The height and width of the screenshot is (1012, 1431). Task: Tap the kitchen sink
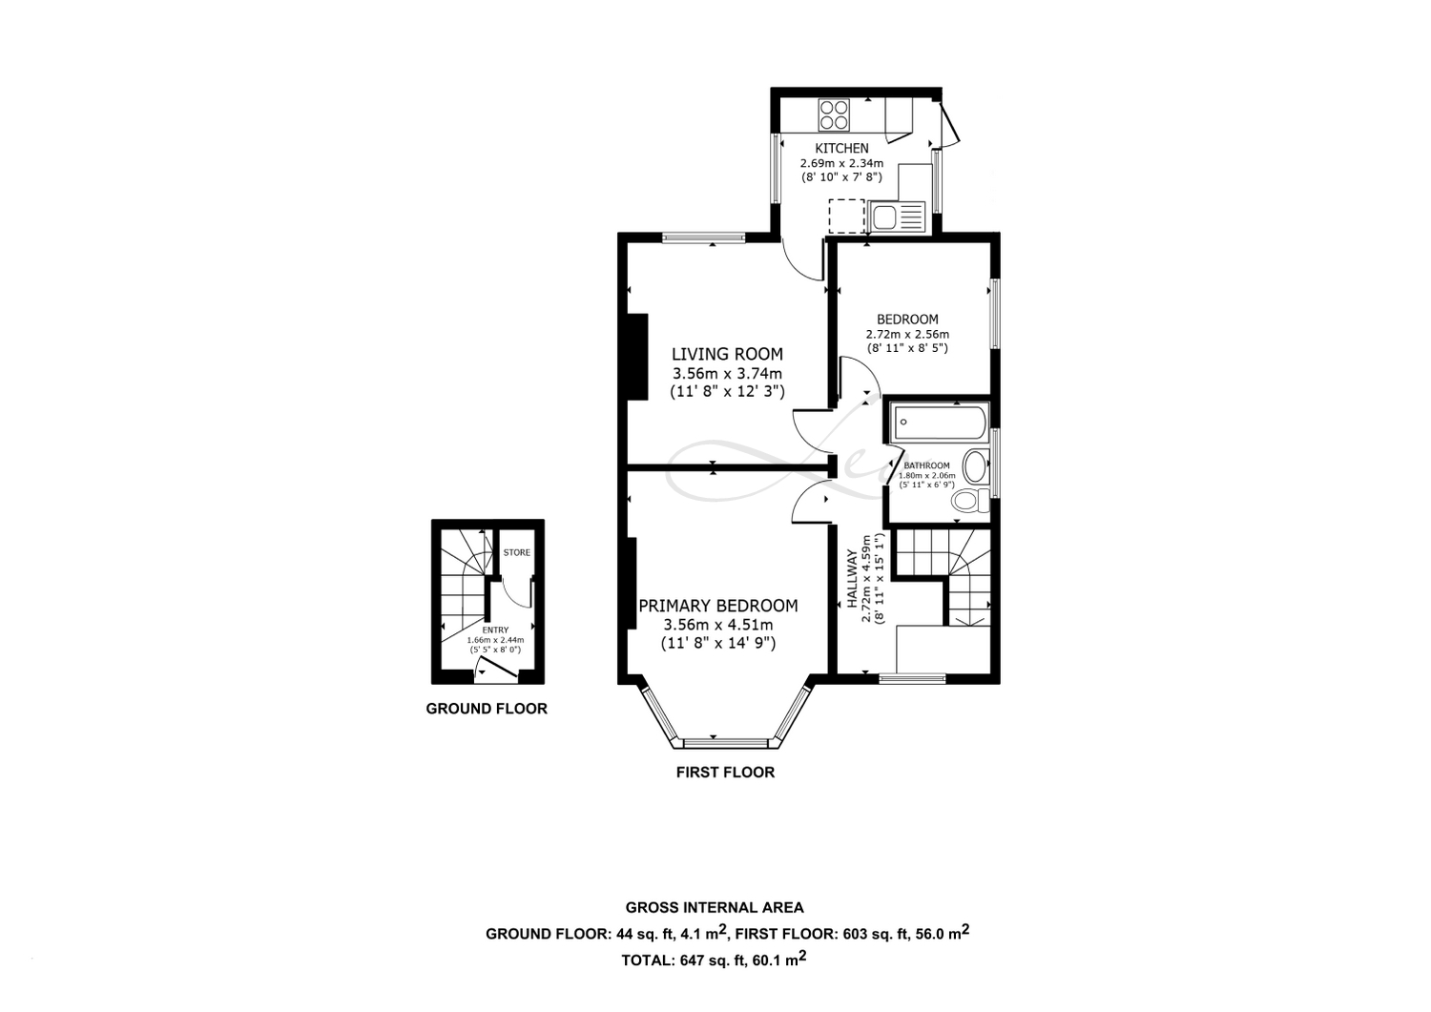pyautogui.click(x=896, y=217)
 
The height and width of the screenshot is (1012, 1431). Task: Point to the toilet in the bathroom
pyautogui.click(x=970, y=500)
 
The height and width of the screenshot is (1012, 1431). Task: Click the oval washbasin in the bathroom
pyautogui.click(x=976, y=465)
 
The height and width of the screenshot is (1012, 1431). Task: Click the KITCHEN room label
pyautogui.click(x=842, y=148)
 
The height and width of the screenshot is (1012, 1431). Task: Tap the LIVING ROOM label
pyautogui.click(x=727, y=354)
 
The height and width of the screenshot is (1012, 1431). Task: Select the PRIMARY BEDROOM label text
pyautogui.click(x=718, y=605)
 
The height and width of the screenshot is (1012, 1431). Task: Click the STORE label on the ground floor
pyautogui.click(x=517, y=552)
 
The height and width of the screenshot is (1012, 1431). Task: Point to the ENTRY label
pyautogui.click(x=496, y=630)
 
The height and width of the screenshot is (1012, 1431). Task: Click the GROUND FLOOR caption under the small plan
pyautogui.click(x=487, y=709)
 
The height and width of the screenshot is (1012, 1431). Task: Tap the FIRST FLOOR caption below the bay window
pyautogui.click(x=726, y=773)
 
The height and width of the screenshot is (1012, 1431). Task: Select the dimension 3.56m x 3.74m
pyautogui.click(x=727, y=373)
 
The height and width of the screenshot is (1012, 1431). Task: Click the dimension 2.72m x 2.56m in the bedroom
pyautogui.click(x=907, y=334)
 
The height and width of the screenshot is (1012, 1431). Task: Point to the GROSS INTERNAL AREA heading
pyautogui.click(x=715, y=907)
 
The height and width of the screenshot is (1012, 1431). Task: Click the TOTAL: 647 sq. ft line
pyautogui.click(x=715, y=959)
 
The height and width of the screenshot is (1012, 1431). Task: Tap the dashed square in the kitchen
pyautogui.click(x=846, y=216)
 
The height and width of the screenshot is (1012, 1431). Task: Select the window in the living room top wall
pyautogui.click(x=703, y=238)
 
